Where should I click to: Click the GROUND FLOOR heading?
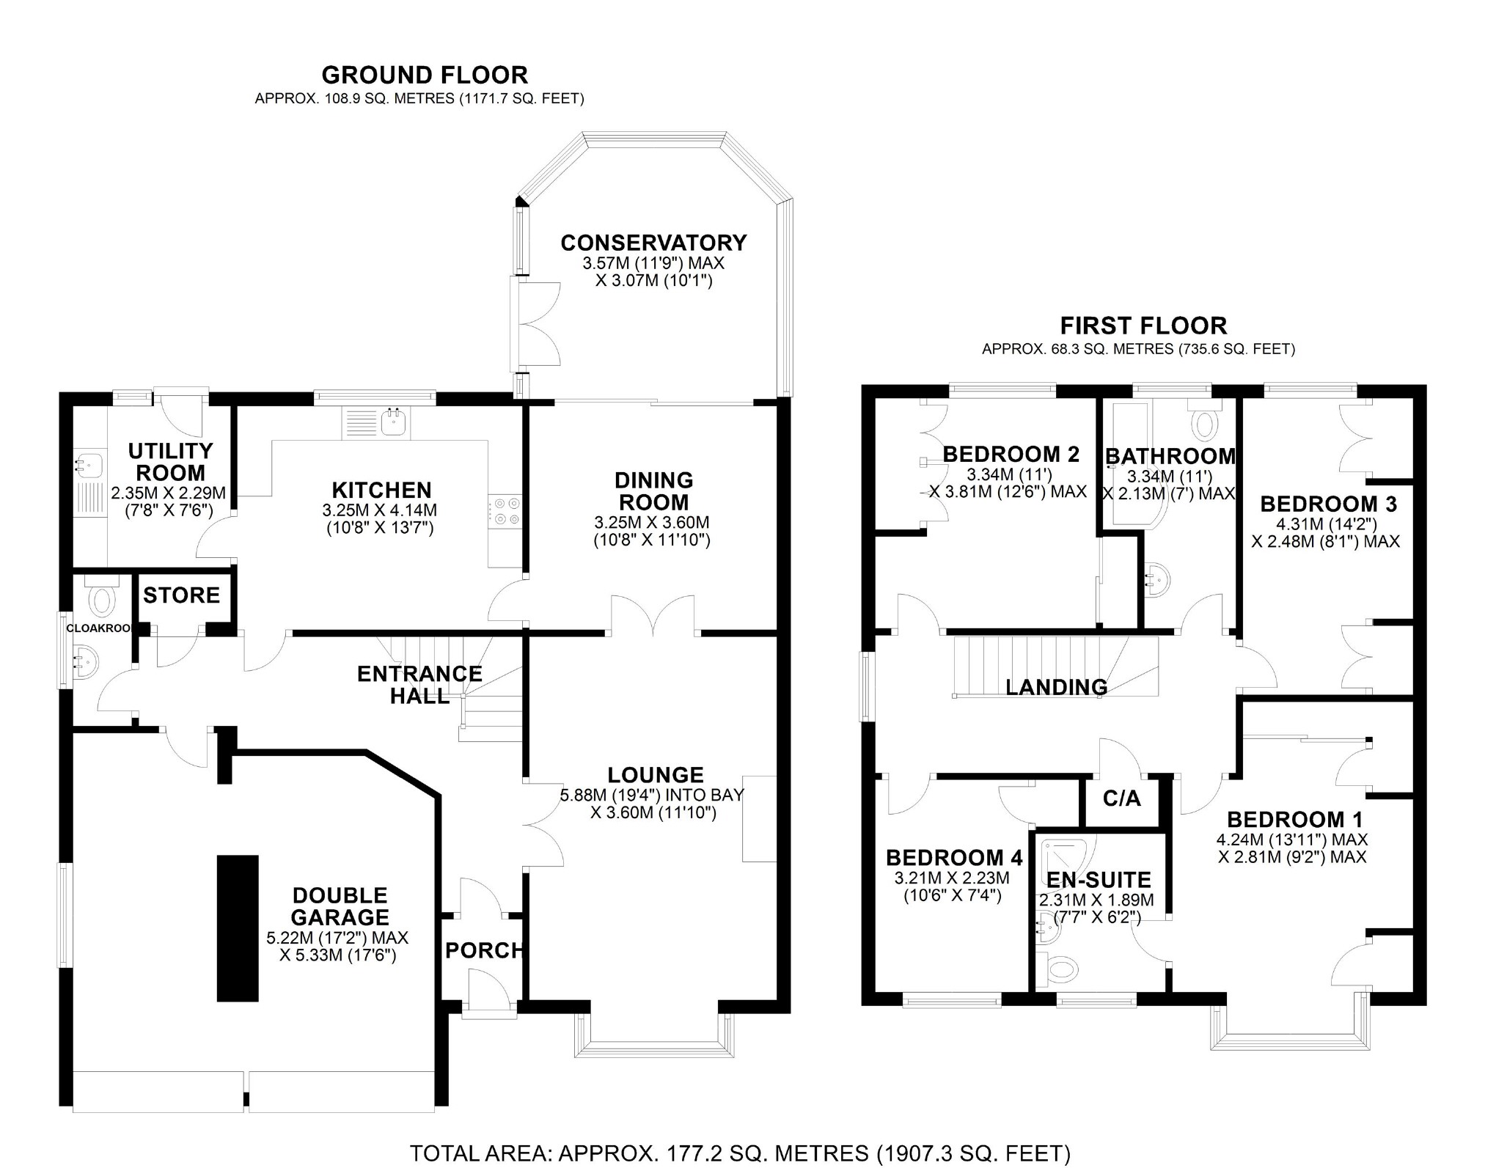tap(424, 75)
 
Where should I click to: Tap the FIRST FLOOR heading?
tap(1143, 326)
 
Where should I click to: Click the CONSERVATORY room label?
tap(653, 243)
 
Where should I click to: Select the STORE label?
tap(181, 595)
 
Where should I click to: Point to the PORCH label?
tap(484, 950)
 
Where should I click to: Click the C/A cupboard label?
tap(1122, 798)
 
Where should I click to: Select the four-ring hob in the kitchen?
tap(505, 511)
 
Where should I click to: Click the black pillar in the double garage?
tap(238, 928)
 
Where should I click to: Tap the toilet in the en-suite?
tap(1061, 970)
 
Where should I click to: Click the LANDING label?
tap(1056, 687)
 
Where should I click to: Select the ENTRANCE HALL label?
tap(419, 684)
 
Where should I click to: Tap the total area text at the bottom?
tap(740, 1153)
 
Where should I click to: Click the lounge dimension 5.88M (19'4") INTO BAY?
tap(652, 795)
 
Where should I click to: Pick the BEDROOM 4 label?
tap(953, 858)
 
